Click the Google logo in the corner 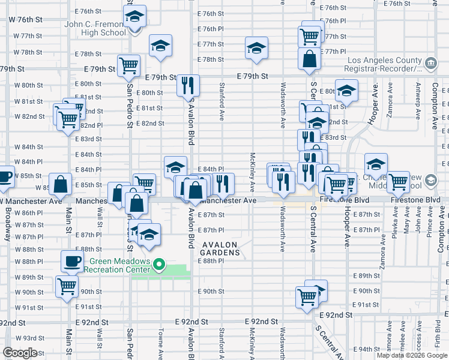[20, 353]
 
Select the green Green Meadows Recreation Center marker [159, 265]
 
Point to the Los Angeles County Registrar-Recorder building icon [430, 63]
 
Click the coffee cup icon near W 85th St [5, 176]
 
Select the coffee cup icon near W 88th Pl [73, 261]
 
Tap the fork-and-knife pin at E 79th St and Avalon [188, 85]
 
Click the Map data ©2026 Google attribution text [412, 355]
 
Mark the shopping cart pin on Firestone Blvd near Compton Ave [399, 182]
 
